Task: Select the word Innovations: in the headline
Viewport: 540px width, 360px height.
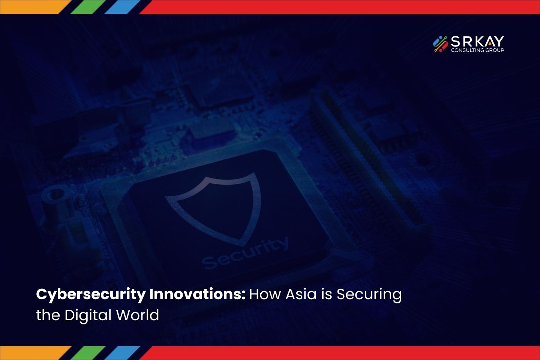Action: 197,294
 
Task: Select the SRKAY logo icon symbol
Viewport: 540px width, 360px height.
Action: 440,44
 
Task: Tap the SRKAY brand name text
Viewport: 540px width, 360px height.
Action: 477,41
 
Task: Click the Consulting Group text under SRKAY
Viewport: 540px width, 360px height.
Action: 477,50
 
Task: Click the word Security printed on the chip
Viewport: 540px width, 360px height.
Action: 244,253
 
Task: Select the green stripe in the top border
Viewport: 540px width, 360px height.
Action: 88,7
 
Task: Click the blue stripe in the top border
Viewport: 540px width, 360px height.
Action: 122,7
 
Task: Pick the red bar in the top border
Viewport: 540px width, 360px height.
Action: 340,7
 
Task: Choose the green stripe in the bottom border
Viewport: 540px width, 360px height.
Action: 88,353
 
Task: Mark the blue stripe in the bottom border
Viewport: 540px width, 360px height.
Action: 122,353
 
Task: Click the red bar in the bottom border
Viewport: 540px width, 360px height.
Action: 340,353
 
